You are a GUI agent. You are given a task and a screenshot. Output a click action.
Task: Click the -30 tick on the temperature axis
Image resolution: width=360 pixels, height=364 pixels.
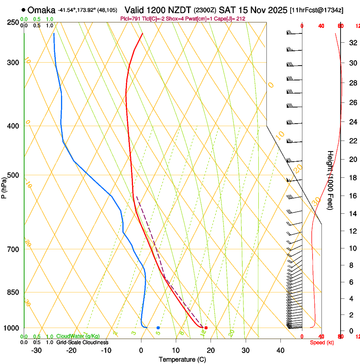tap(36, 350)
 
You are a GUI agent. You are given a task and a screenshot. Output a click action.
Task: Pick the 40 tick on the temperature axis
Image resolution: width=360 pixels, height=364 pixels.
tap(280, 350)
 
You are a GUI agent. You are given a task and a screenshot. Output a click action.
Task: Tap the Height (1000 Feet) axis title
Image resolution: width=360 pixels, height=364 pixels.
tap(330, 180)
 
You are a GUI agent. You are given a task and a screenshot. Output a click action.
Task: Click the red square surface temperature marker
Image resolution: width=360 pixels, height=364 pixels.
tap(206, 328)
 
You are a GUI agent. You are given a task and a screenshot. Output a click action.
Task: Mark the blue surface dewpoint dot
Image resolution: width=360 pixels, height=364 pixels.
tap(158, 328)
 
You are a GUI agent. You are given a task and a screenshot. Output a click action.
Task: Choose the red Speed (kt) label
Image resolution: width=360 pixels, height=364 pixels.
tap(322, 342)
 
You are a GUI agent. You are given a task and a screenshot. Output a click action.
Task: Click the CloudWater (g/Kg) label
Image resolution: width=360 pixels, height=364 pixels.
tap(78, 336)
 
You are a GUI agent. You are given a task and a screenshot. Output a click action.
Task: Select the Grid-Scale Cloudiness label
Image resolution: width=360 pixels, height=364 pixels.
tap(82, 342)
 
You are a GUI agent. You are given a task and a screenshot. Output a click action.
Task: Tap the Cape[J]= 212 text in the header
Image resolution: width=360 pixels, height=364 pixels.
tap(230, 19)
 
